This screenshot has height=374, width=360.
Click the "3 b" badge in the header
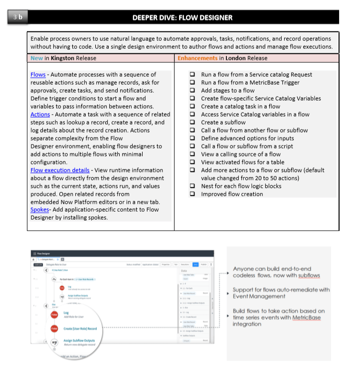point(18,17)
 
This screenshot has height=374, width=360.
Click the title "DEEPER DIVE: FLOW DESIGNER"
point(182,18)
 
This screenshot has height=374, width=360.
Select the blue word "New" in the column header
point(36,58)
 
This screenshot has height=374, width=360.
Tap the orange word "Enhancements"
point(197,58)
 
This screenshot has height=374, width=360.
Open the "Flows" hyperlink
point(38,75)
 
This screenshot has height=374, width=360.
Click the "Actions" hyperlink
point(40,115)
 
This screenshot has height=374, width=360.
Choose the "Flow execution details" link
point(60,170)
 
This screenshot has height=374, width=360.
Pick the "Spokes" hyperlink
point(39,210)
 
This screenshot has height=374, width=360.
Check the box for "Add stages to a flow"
point(192,91)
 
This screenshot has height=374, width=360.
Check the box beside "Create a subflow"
point(192,123)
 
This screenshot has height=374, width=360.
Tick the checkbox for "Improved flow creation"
point(192,194)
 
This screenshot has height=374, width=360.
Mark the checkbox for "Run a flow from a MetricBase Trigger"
point(192,83)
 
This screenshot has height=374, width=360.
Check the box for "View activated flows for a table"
point(192,162)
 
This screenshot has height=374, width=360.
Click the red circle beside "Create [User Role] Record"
point(54,329)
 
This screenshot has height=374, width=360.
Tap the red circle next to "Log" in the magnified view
point(54,314)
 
